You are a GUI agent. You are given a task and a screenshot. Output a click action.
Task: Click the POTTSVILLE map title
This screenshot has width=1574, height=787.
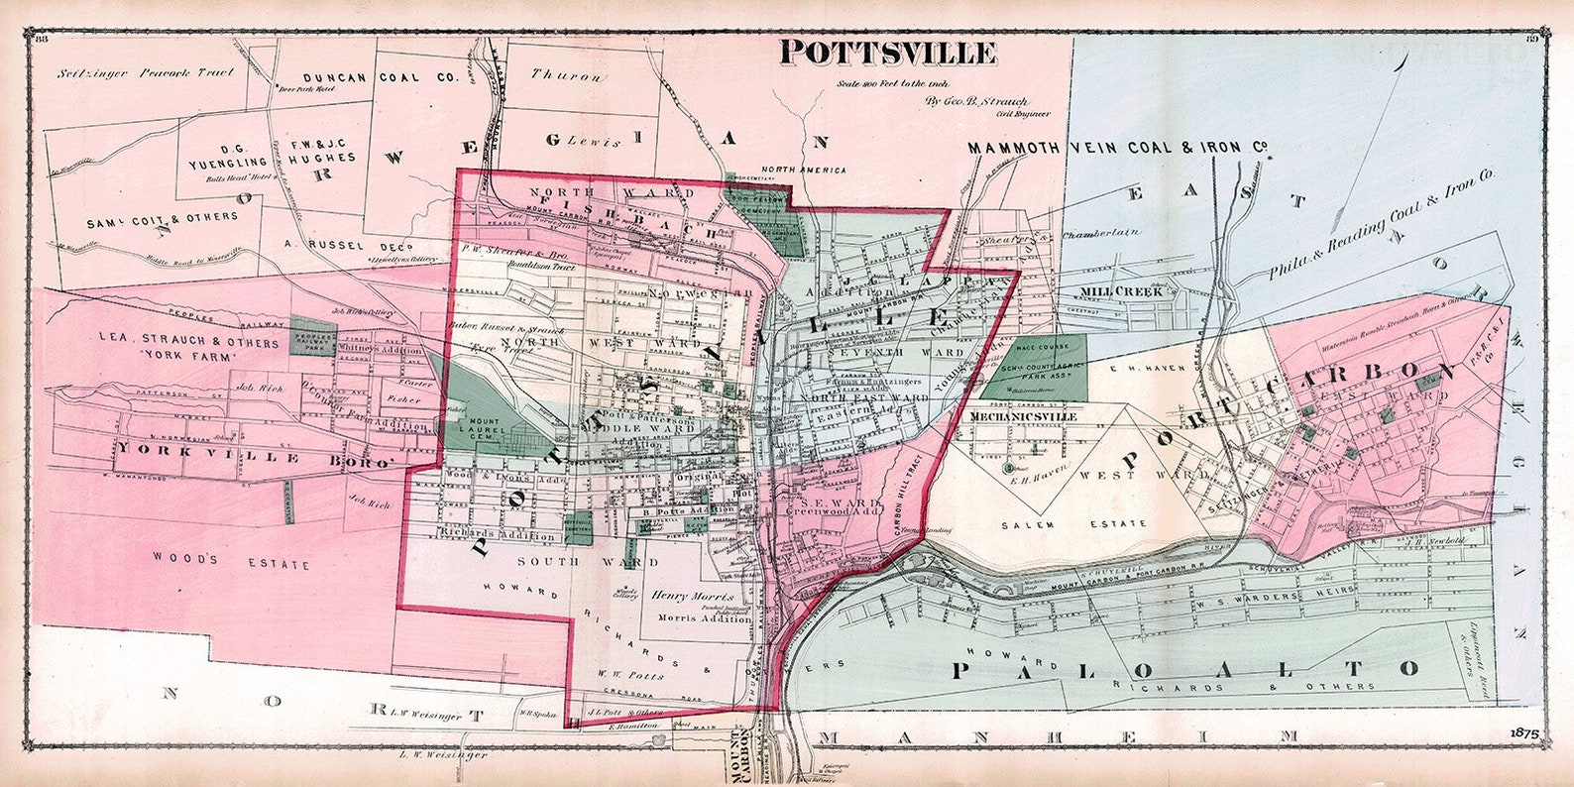pos(887,52)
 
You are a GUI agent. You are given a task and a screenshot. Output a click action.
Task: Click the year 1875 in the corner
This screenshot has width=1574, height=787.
pos(1524,733)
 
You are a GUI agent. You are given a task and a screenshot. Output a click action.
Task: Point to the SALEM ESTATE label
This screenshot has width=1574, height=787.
pos(1073,523)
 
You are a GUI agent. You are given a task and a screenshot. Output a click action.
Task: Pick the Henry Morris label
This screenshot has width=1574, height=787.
pos(693,597)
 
